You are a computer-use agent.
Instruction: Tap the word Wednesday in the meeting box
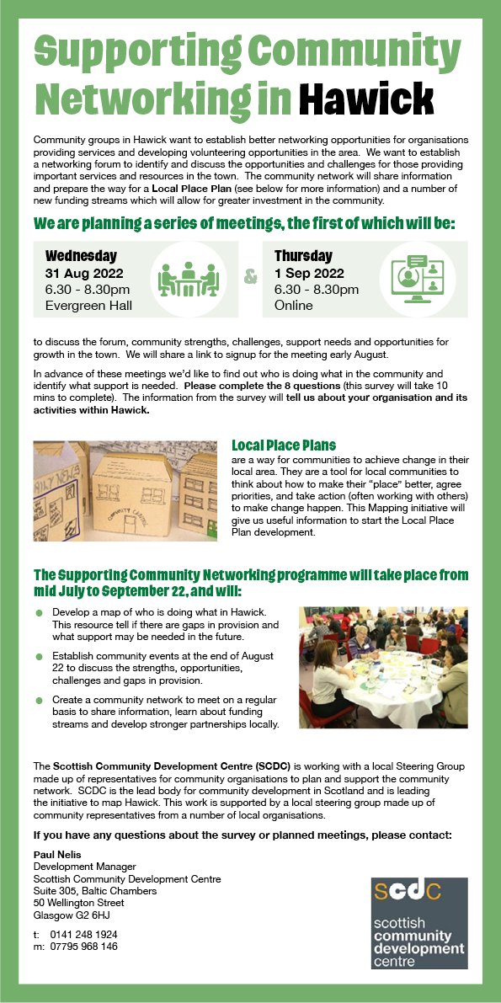81,256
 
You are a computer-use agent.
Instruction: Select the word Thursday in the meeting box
303,256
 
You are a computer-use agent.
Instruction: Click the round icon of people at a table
189,278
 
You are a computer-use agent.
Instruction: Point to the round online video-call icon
418,279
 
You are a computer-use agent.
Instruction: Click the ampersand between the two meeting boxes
250,276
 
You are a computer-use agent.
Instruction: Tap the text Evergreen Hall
88,305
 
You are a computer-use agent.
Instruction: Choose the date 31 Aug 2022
84,273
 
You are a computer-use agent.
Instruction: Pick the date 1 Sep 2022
309,273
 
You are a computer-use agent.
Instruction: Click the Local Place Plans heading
284,445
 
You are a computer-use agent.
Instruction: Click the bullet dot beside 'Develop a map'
39,611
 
